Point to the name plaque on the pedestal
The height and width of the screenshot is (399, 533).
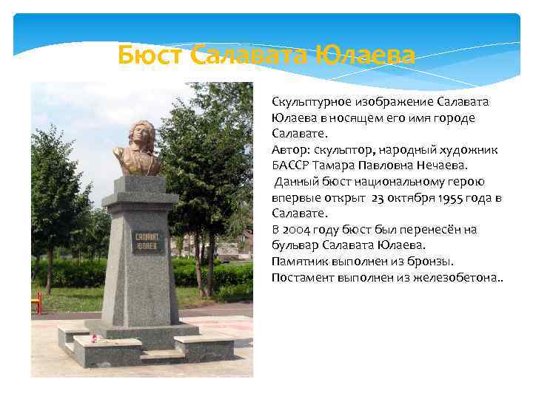click(x=149, y=242)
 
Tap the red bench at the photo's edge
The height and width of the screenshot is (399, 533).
click(x=36, y=302)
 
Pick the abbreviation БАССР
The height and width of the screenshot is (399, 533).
click(x=290, y=166)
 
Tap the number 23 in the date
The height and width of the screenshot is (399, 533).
click(x=379, y=197)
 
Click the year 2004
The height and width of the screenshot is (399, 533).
click(x=297, y=230)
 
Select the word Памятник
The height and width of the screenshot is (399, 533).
click(x=300, y=262)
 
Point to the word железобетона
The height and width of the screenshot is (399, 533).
click(x=457, y=278)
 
